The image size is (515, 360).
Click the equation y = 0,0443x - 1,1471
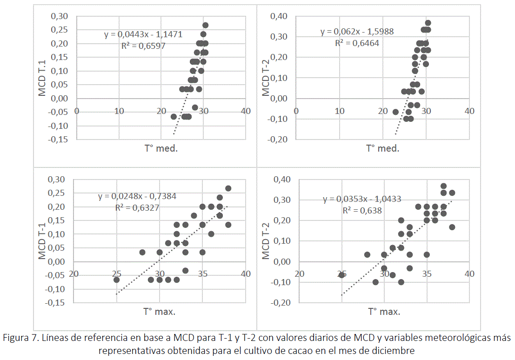[142, 34]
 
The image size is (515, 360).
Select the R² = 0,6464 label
[357, 43]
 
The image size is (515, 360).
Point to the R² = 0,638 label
[362, 210]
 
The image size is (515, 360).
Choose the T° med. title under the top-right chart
[382, 148]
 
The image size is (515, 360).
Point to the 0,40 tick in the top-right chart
[282, 17]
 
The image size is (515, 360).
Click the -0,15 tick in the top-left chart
[59, 140]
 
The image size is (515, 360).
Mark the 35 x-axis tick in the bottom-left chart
[202, 273]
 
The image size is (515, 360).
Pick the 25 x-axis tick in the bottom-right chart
[341, 273]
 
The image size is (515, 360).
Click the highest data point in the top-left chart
[205, 25]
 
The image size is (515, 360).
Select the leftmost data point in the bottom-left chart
[116, 280]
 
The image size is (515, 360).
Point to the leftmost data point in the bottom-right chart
[341, 275]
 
